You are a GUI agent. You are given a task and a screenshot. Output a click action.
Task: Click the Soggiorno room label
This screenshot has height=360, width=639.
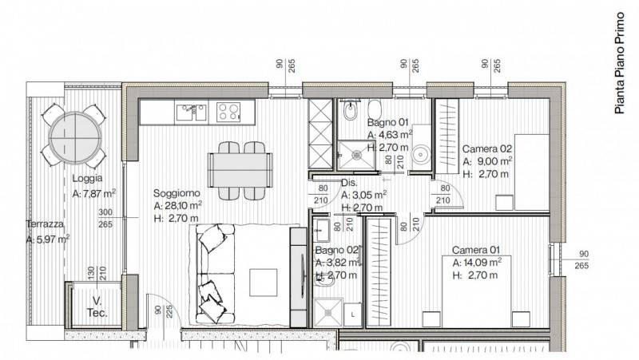point(177,193)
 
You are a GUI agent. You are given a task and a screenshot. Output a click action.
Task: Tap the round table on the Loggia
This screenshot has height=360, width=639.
point(75,138)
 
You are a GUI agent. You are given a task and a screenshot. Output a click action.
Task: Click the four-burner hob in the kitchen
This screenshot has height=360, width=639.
point(228,112)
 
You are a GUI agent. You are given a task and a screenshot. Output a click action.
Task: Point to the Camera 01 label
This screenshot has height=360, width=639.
point(475,250)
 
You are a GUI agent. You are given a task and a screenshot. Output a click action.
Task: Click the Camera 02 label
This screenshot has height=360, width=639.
point(486,149)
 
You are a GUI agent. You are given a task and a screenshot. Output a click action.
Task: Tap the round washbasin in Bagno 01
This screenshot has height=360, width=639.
point(421,155)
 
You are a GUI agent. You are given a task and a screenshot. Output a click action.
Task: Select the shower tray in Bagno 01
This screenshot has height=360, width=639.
point(356,154)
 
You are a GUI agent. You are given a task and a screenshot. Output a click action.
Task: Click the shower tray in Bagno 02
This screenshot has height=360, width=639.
point(328,312)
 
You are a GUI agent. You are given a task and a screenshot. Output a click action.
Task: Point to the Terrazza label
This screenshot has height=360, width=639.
point(45,224)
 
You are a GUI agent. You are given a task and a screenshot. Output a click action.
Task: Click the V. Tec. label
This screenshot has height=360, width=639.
point(97,307)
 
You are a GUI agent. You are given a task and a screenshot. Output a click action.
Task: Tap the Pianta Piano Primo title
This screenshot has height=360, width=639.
point(620,63)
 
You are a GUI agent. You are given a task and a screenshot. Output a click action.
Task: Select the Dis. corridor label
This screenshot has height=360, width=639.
point(349,183)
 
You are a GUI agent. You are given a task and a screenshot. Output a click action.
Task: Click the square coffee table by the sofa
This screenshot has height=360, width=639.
point(264,283)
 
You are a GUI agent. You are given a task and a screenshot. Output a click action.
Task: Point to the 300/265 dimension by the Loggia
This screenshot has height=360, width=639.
point(105,218)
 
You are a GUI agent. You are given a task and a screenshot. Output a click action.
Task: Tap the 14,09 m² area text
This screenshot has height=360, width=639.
point(482,263)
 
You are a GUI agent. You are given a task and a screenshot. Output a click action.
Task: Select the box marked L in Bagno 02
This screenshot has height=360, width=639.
point(352,315)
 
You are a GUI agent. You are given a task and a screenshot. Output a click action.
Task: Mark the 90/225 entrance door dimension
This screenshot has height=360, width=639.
point(165,311)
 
